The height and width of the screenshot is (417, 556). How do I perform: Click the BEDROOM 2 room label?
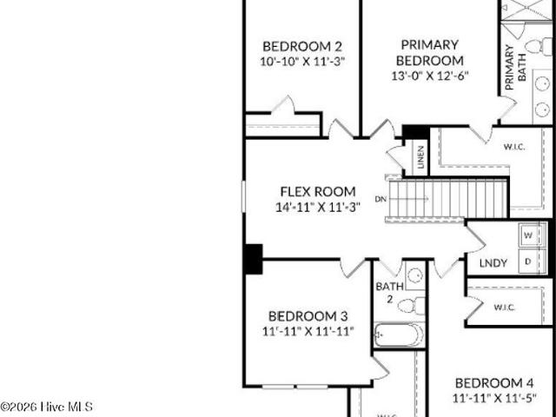[302, 46]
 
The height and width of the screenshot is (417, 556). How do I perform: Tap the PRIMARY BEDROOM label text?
[430, 53]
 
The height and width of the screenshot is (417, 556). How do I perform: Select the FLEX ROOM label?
[318, 191]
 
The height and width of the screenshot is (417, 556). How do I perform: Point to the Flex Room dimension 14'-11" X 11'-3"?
[318, 207]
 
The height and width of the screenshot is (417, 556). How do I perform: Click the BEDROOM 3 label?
[308, 316]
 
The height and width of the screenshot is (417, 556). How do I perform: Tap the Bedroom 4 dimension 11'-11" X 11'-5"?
[494, 398]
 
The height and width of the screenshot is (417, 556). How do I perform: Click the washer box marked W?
[529, 235]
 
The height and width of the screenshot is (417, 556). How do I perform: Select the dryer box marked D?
[528, 261]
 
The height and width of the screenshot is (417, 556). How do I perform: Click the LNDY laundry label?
[493, 263]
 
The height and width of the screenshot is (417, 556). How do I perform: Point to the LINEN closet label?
[420, 156]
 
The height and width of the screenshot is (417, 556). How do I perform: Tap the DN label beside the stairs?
[381, 199]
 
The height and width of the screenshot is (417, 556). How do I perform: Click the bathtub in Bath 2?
[399, 334]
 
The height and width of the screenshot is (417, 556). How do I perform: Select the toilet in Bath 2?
[411, 306]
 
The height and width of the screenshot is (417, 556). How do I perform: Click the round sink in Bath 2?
[415, 275]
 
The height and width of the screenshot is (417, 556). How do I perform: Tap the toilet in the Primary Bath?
[539, 46]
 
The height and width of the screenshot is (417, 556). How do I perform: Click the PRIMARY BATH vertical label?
[515, 67]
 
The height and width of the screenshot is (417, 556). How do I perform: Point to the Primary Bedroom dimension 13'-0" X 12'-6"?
[430, 76]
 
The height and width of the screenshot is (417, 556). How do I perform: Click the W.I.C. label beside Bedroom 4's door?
[504, 308]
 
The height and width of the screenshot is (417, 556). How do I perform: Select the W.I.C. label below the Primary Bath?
[514, 147]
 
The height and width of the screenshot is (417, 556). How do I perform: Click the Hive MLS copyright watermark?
[46, 407]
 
